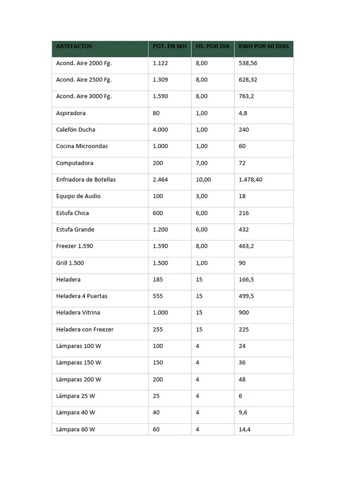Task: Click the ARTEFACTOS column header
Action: point(74,46)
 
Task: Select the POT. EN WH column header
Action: point(170,46)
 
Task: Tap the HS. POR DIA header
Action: point(212,46)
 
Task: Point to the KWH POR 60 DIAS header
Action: point(263,46)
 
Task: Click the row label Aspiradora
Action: point(71,113)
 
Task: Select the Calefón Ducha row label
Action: point(75,129)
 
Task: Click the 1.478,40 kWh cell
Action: point(250,180)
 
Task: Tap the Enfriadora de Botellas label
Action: point(86,180)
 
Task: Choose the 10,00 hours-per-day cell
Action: point(203,180)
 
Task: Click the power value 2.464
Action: point(160,180)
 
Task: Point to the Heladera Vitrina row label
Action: point(78,313)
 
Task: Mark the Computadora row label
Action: point(75,163)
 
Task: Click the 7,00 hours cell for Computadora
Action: point(202,163)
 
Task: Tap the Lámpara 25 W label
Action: point(75,396)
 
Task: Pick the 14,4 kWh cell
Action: point(244,429)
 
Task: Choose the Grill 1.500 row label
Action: point(70,263)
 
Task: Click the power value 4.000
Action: point(160,129)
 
